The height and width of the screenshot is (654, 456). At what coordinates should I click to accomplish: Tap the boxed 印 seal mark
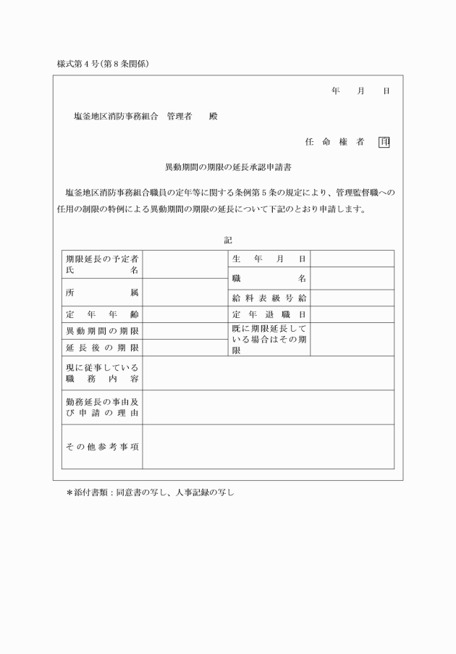pos(384,142)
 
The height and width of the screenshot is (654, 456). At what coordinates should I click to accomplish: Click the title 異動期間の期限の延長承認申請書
pos(228,167)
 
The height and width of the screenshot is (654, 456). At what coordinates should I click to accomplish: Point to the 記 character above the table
pos(228,240)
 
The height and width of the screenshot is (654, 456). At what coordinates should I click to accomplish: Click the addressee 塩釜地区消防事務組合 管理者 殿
pos(145,116)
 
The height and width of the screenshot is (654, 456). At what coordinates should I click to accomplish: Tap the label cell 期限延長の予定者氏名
pos(102,264)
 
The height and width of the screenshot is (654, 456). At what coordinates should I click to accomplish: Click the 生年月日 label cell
pos(269,259)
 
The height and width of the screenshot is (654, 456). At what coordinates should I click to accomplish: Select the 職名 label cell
pos(269,278)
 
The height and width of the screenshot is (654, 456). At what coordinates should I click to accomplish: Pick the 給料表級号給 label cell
pos(269,298)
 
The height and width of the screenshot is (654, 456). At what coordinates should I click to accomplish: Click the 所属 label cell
pos(102,292)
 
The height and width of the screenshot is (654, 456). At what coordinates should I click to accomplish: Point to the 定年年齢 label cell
pos(102,314)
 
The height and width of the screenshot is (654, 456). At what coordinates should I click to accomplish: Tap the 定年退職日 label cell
pos(269,314)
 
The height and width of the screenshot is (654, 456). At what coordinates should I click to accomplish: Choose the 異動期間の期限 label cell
pos(102,331)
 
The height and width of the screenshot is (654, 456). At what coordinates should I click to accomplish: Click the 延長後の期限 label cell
pos(102,348)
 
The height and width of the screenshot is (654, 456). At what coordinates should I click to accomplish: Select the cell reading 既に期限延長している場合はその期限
pos(269,339)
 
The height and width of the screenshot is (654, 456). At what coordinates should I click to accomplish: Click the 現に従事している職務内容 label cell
pos(102,373)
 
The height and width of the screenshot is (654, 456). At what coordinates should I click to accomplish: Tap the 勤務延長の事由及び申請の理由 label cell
pos(102,407)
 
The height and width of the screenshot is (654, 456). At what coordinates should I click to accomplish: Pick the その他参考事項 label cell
pos(102,446)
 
